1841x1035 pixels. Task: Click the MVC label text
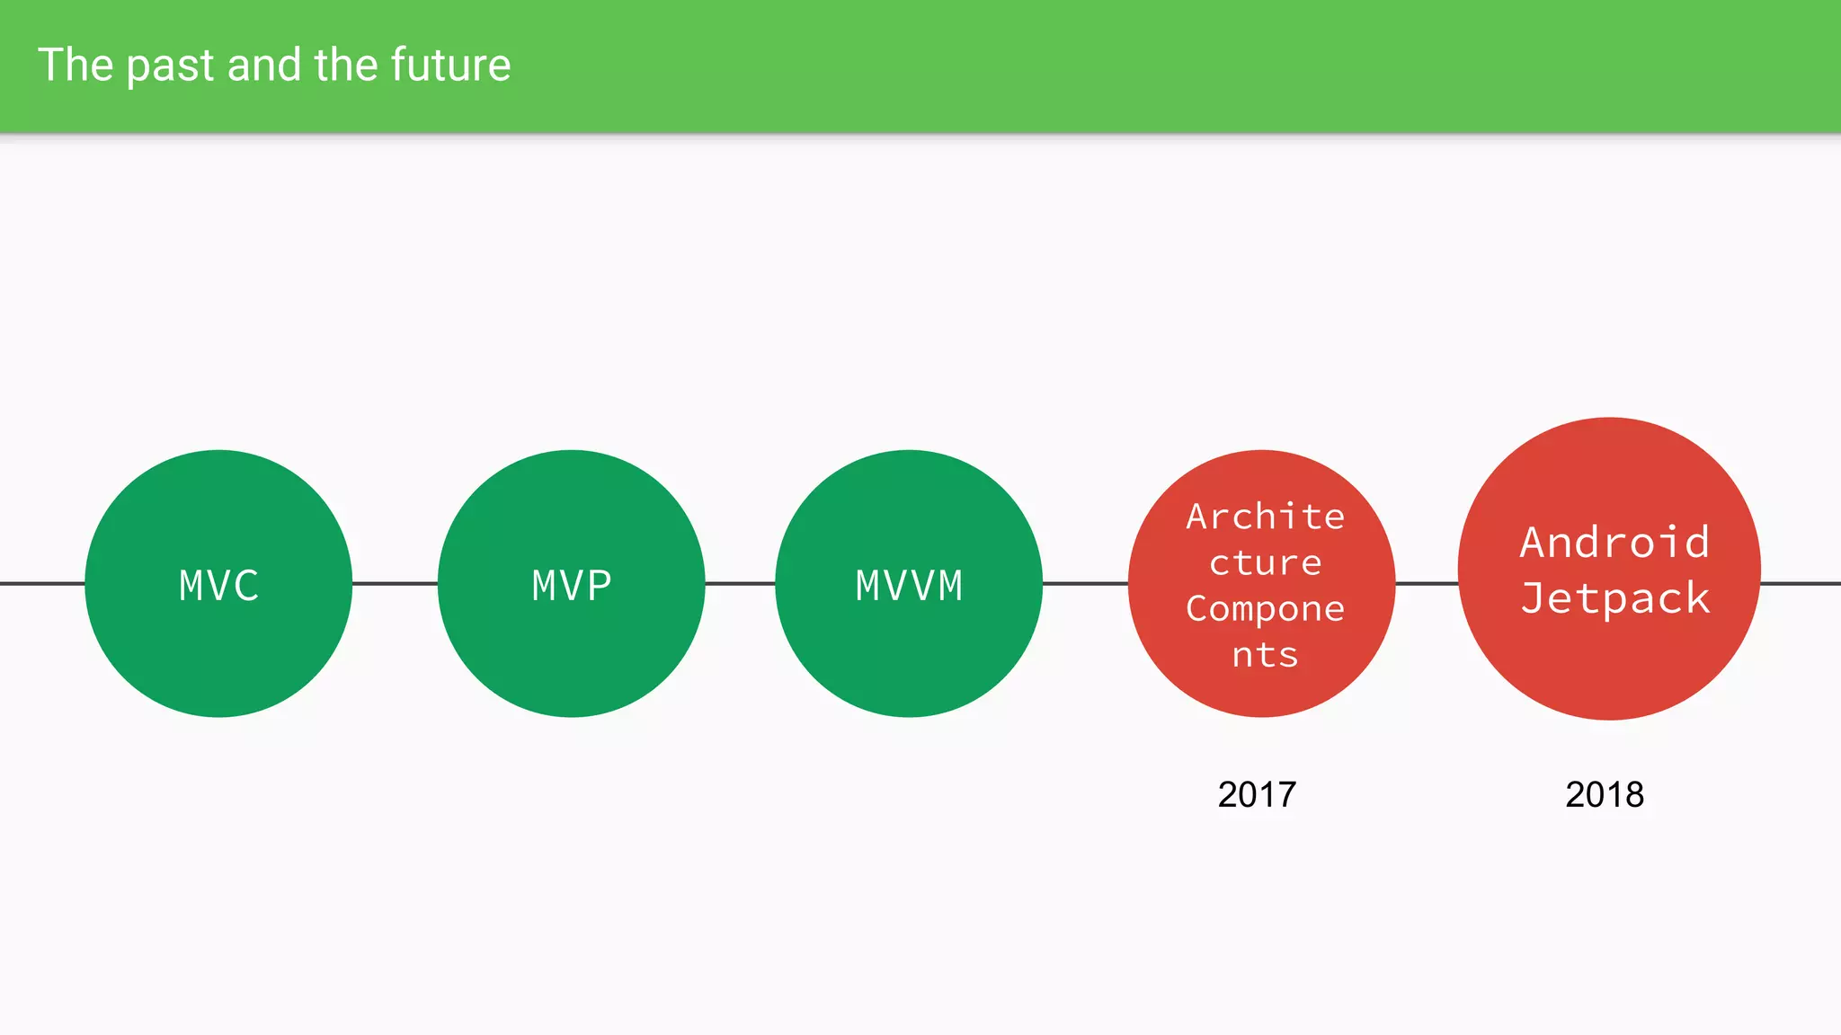point(218,586)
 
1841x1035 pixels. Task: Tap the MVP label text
point(572,586)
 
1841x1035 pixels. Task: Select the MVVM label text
point(909,586)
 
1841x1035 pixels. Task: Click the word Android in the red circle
point(1614,542)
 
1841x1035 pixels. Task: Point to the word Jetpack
point(1614,598)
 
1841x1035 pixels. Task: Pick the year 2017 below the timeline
point(1257,794)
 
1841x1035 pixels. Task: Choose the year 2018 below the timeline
point(1605,794)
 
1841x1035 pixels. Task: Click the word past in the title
point(170,66)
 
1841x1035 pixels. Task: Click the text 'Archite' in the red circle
point(1265,517)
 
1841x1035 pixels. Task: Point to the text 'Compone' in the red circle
point(1265,609)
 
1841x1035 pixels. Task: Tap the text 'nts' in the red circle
point(1265,655)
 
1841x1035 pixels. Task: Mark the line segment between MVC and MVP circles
point(395,583)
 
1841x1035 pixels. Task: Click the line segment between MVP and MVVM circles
point(740,583)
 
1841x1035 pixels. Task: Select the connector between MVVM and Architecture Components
point(1085,583)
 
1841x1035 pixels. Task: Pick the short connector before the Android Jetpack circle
point(1427,583)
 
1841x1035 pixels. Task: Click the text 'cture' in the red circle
point(1265,563)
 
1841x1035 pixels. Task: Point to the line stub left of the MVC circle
point(41,583)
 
